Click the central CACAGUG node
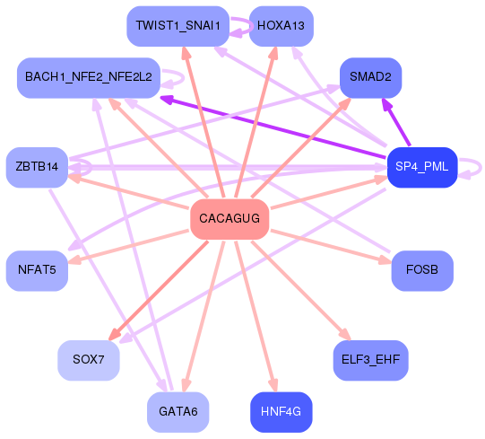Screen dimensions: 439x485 pos(230,219)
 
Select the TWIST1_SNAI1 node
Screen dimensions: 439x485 pos(178,26)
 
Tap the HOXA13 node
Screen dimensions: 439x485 pos(281,26)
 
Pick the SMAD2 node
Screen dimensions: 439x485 pos(370,77)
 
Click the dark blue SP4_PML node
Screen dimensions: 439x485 pos(422,166)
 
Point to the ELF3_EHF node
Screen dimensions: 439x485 pos(370,360)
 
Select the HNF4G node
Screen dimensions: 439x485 pos(281,412)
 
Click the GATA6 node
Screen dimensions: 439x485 pos(178,412)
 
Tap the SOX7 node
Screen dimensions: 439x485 pos(88,360)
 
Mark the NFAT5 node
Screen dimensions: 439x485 pos(37,268)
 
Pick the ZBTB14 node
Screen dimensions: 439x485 pos(37,167)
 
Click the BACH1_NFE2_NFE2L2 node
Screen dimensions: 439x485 pos(88,77)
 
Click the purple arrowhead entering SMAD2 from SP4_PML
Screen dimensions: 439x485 pos(386,104)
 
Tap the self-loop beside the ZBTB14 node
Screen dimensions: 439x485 pos(82,167)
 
